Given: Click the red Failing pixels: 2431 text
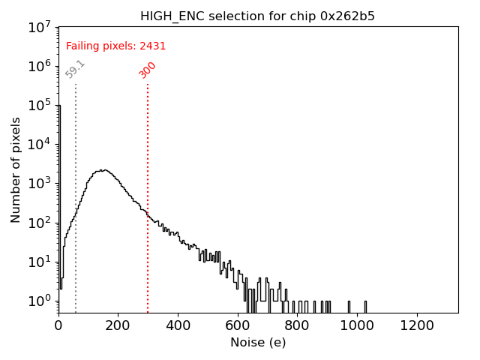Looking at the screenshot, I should [x=115, y=46].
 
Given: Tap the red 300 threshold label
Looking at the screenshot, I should [x=148, y=70].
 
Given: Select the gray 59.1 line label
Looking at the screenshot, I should [x=75, y=69].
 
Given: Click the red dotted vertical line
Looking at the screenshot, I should [x=148, y=195].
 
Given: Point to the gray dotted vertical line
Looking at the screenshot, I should [x=76, y=195].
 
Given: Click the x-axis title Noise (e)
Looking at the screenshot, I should [x=257, y=343].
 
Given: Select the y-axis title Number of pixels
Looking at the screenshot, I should [x=16, y=169].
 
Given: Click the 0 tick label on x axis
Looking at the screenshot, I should [x=58, y=325].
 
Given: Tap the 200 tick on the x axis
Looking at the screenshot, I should [x=118, y=325].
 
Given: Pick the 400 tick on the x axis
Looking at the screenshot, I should [x=178, y=325].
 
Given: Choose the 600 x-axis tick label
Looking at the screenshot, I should [x=238, y=325].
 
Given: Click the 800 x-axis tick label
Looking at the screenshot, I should [x=298, y=325].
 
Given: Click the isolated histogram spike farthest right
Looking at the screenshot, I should [x=365, y=306].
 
